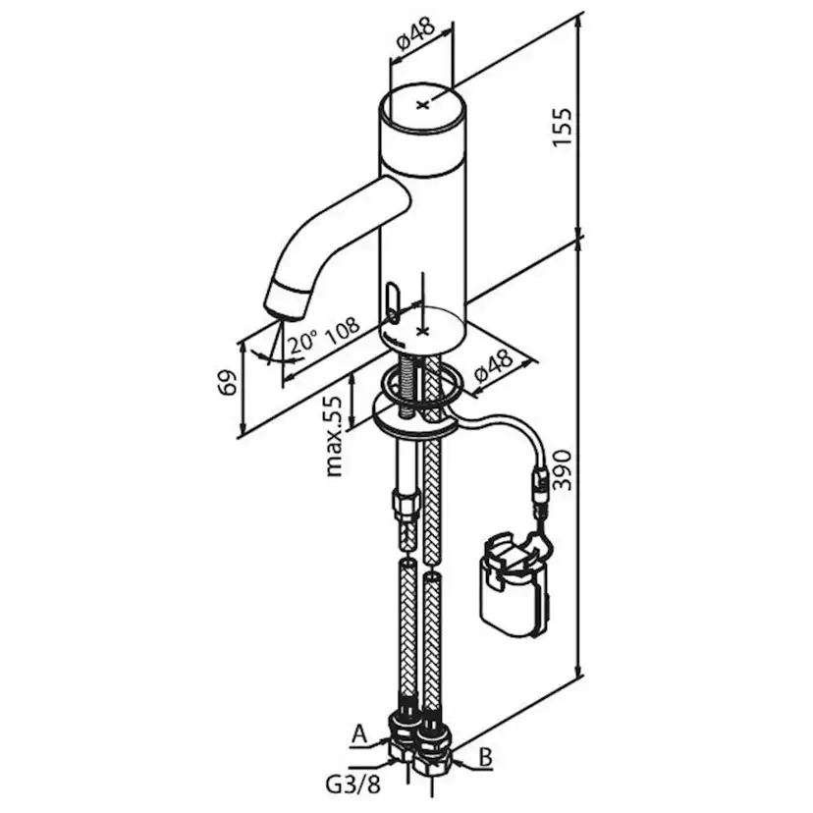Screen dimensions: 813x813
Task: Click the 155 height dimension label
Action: pyautogui.click(x=563, y=127)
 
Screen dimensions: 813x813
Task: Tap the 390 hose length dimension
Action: pyautogui.click(x=563, y=470)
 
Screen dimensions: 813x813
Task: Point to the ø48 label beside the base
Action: pyautogui.click(x=493, y=366)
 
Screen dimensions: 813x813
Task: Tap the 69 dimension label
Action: pyautogui.click(x=228, y=383)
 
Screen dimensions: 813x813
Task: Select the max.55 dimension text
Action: pyautogui.click(x=335, y=437)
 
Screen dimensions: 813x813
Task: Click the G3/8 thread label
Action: pyautogui.click(x=353, y=786)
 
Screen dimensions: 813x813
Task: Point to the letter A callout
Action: pyautogui.click(x=359, y=734)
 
